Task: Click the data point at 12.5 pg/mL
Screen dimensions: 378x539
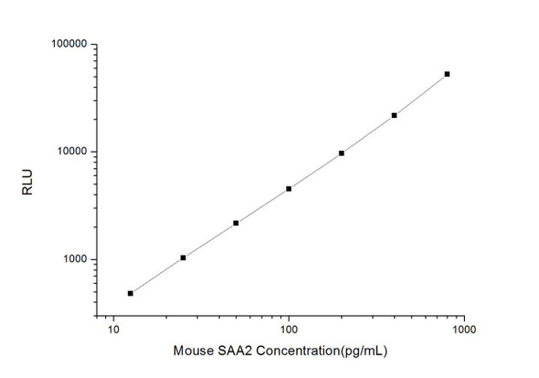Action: tap(131, 293)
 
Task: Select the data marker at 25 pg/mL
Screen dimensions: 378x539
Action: tap(184, 257)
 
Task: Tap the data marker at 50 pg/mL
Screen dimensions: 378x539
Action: tap(236, 223)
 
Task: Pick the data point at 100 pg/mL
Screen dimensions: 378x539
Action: tap(289, 189)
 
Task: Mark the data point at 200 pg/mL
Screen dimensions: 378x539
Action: tap(342, 153)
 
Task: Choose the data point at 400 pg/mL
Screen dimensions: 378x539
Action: tap(395, 115)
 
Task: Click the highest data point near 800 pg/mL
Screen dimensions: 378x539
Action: tap(447, 74)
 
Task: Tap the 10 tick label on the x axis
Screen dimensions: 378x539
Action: tap(113, 330)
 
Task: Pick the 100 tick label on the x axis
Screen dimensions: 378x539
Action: tap(289, 330)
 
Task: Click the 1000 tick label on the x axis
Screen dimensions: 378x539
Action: tap(464, 330)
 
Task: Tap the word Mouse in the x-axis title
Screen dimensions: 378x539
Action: tap(191, 351)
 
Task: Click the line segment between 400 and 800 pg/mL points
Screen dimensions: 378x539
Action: tap(421, 95)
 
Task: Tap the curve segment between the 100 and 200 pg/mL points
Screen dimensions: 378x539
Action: tap(315, 172)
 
